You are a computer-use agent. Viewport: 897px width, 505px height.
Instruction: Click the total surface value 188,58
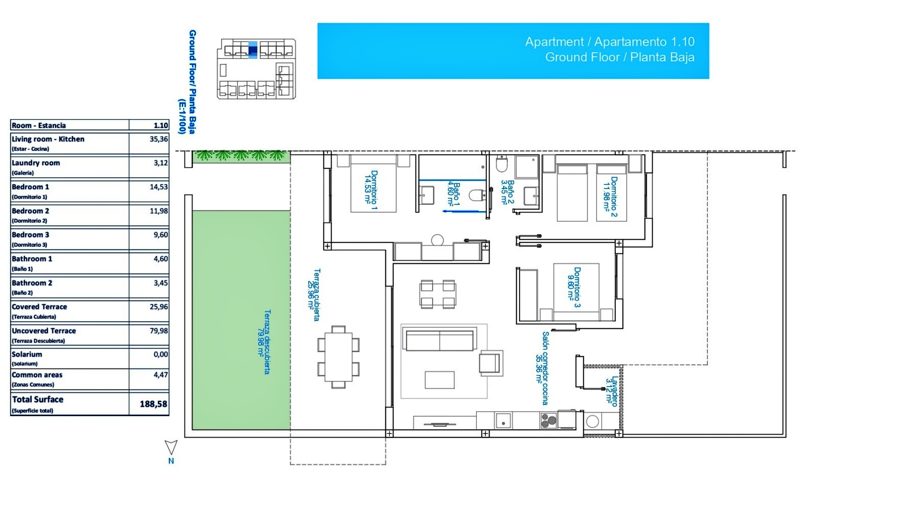click(x=153, y=404)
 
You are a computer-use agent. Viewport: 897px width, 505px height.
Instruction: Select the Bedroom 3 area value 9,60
click(x=161, y=235)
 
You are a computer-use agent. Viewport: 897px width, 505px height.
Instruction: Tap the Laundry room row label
click(x=36, y=163)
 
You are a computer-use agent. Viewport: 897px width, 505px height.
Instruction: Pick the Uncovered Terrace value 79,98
click(x=158, y=331)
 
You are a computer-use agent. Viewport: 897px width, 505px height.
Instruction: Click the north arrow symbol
click(x=171, y=447)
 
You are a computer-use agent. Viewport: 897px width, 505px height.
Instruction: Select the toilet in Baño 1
click(x=477, y=195)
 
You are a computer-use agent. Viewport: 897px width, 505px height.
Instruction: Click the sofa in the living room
click(x=439, y=340)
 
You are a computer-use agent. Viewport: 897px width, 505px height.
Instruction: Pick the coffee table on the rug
click(x=439, y=380)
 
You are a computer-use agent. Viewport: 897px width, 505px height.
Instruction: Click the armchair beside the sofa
click(x=490, y=363)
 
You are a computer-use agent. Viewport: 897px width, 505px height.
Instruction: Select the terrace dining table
click(x=339, y=356)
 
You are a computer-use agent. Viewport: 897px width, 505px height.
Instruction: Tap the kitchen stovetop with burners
click(x=548, y=421)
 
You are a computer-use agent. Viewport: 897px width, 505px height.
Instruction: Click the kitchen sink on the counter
click(x=503, y=420)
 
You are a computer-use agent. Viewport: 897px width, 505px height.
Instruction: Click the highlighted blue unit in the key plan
click(x=252, y=50)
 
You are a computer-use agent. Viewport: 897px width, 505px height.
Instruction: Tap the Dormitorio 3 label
click(x=574, y=287)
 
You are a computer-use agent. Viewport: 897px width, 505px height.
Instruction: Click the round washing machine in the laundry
click(x=592, y=421)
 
